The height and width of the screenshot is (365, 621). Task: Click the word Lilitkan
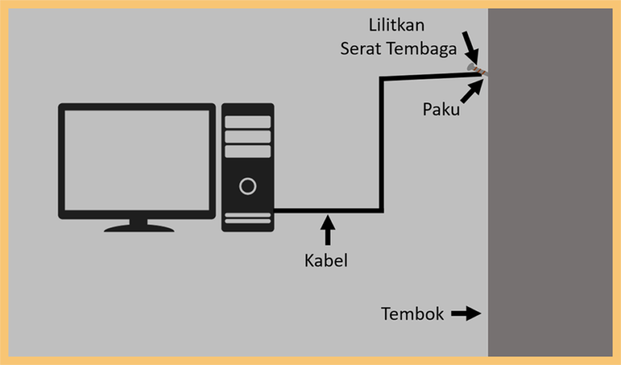397,25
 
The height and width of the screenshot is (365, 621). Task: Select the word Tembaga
422,48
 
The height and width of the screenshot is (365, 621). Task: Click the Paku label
441,109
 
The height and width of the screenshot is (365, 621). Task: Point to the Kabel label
326,260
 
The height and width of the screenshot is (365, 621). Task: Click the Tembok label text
412,314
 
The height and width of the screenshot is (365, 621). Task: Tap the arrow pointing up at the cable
328,230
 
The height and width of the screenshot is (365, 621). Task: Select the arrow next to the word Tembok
467,314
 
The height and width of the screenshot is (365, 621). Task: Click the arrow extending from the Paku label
472,91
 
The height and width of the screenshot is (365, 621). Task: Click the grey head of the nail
470,67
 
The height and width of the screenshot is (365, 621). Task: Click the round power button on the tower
248,186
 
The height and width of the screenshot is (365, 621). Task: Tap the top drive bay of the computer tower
248,122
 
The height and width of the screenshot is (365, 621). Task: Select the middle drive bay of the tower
248,137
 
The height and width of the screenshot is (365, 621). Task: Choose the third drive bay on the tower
248,151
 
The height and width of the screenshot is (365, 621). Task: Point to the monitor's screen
137,160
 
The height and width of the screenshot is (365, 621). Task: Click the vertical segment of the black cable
381,144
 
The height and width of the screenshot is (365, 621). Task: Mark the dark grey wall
550,182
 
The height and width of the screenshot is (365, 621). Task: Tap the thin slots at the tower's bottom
248,218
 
